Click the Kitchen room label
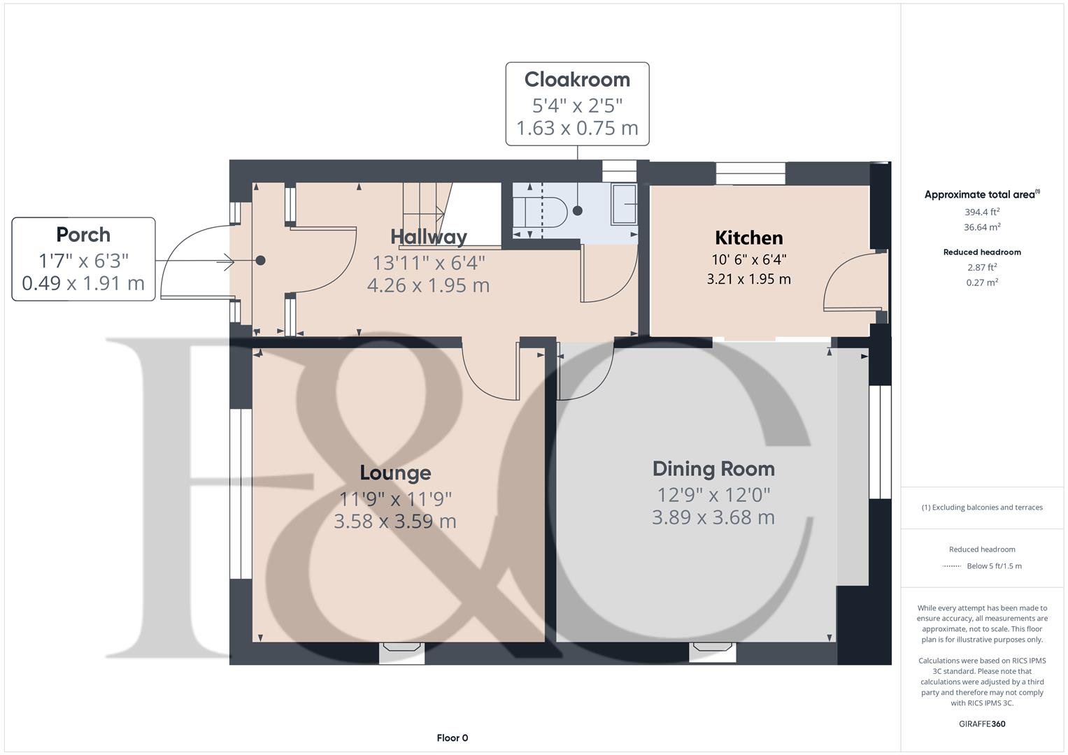click(748, 238)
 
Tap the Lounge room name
click(395, 473)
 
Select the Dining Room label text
click(713, 469)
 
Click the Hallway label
click(428, 237)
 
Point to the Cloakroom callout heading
click(577, 80)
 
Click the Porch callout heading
click(83, 234)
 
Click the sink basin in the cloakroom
click(624, 205)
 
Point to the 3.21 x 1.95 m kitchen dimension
click(748, 279)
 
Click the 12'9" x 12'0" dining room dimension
click(713, 495)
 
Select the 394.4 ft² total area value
click(982, 212)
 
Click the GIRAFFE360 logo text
click(982, 724)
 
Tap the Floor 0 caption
click(452, 738)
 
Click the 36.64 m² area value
click(982, 227)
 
